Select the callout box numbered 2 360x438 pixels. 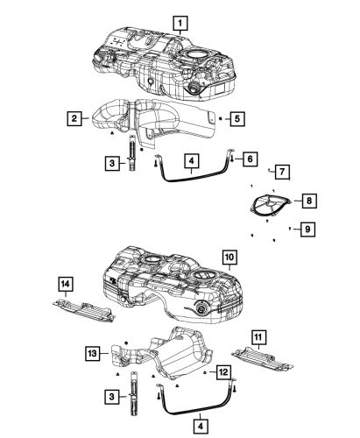point(76,117)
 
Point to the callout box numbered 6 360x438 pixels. point(251,159)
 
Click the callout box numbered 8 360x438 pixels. point(311,201)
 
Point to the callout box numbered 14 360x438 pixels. point(64,283)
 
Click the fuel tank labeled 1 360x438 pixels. point(166,61)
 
